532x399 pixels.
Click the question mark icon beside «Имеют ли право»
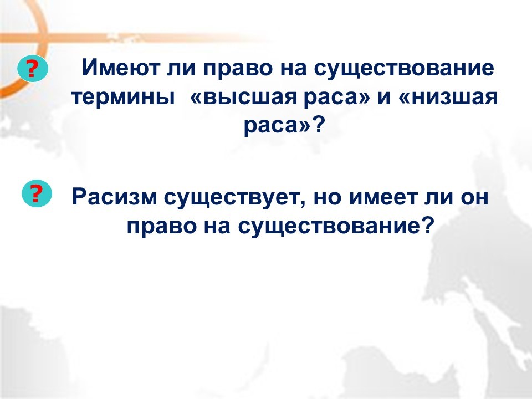tap(33, 68)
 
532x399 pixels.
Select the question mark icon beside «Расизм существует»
tap(37, 193)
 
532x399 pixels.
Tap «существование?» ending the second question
tap(336, 226)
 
